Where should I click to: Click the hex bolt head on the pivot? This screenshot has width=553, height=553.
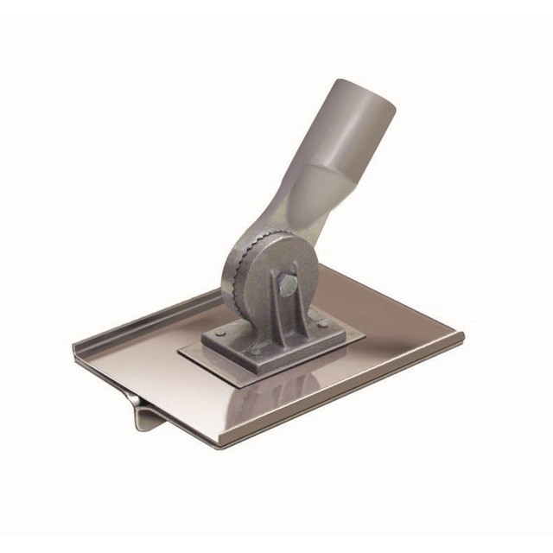click(288, 284)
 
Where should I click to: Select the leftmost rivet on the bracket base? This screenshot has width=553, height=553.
click(221, 333)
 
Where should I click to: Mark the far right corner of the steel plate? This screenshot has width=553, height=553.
click(462, 334)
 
